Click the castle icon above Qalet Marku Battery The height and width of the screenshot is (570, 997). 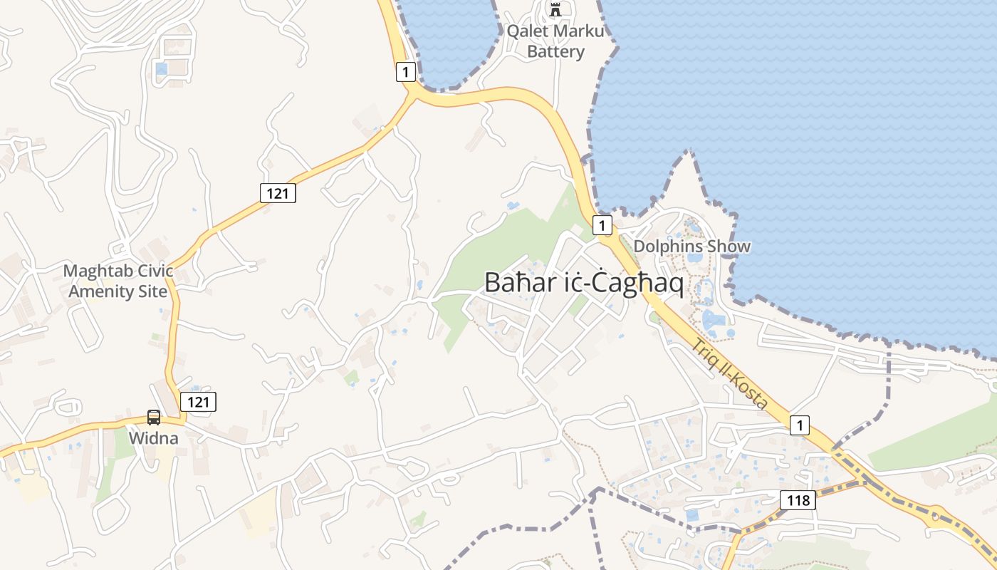tap(555, 10)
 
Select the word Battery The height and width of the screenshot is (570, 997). tap(555, 52)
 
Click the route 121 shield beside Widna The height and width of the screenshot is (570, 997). tap(198, 402)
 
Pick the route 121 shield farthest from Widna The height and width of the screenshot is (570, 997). tap(278, 192)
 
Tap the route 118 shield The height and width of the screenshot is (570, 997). tap(798, 500)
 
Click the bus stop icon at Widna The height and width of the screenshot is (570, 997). tap(154, 418)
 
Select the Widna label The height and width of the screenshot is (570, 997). tap(153, 437)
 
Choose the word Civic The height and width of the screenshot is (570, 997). tap(154, 271)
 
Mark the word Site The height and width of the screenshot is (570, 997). tap(153, 291)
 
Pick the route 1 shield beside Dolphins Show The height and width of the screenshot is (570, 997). tap(602, 225)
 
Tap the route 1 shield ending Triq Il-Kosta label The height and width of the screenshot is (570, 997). tap(800, 425)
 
